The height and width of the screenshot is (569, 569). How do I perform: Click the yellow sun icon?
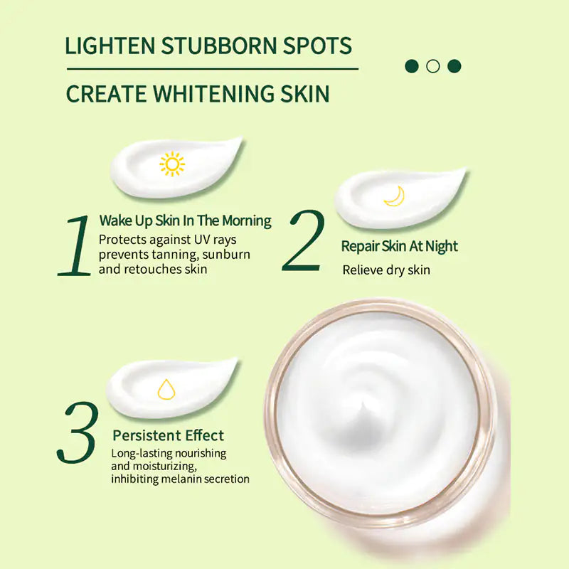pos(172,164)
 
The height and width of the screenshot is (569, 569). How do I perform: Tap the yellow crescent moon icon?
pos(395,196)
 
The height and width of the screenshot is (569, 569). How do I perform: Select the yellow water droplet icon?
pos(166,389)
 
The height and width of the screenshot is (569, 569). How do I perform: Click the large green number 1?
pos(75,245)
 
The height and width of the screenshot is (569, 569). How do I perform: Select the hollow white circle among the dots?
pos(432,66)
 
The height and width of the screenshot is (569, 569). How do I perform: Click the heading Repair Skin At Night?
pos(399,247)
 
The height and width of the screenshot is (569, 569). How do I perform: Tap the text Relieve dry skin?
pos(386,270)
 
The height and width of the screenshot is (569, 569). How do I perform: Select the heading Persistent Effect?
pos(168,435)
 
